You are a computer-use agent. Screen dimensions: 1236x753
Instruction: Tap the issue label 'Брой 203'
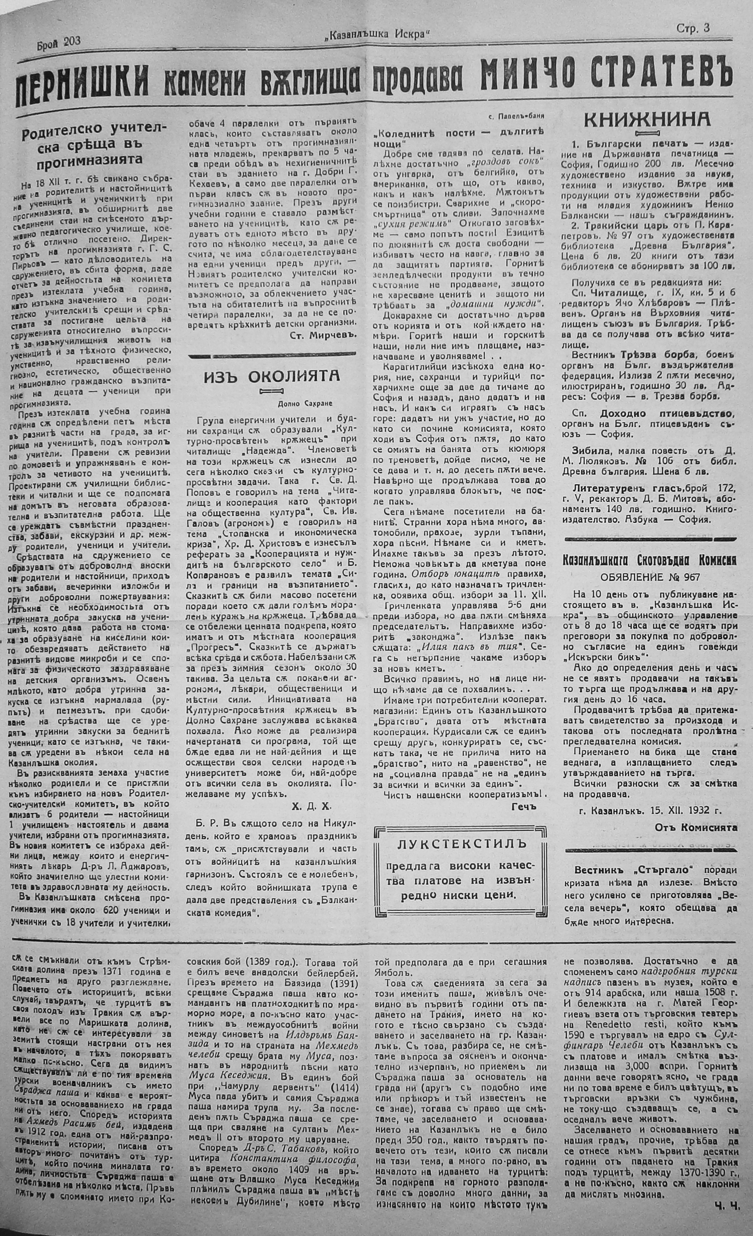point(59,43)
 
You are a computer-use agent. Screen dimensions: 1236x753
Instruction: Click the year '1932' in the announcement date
point(700,809)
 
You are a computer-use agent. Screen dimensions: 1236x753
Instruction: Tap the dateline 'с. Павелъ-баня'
point(516,116)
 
